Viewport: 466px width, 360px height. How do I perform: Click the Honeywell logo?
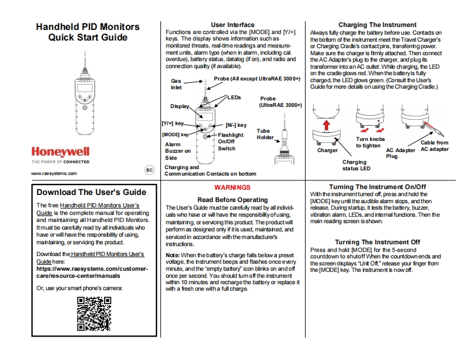(60, 150)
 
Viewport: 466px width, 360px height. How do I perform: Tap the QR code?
(94, 314)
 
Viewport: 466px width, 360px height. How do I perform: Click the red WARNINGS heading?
(232, 187)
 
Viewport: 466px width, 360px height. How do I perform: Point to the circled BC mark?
(149, 169)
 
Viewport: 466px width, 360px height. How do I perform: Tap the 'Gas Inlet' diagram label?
(176, 84)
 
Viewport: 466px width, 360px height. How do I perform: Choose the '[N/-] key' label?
(236, 125)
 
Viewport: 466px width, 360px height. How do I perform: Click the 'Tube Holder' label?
(265, 134)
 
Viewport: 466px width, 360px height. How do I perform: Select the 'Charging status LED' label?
(354, 165)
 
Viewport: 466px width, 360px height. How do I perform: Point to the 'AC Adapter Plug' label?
(400, 153)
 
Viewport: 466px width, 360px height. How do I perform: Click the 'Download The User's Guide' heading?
(91, 192)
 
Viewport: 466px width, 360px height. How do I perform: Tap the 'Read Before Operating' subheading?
(232, 200)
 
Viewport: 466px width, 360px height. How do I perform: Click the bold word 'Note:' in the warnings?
(172, 254)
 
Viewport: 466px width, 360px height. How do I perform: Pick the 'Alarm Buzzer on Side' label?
(177, 151)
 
